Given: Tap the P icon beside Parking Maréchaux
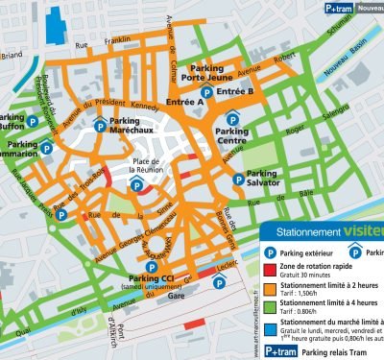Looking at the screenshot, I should pyautogui.click(x=99, y=125).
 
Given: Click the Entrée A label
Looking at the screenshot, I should pyautogui.click(x=184, y=101).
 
